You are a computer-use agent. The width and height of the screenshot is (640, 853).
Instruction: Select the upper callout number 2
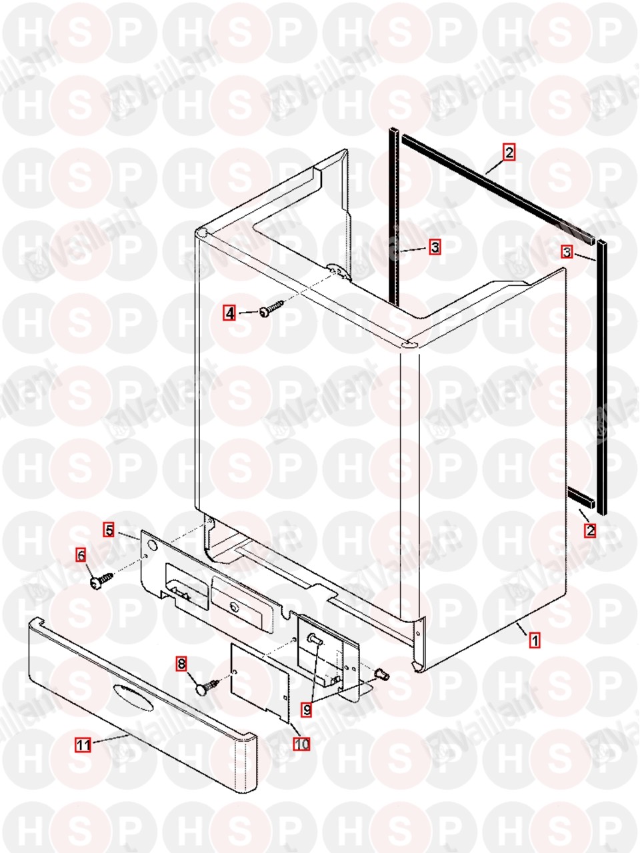509,152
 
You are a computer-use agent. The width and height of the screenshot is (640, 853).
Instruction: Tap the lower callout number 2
590,530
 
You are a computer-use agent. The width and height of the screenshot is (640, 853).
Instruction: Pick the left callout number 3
435,247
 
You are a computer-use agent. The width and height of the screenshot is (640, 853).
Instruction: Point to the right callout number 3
567,253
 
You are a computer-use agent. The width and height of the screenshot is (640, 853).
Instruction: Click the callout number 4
231,313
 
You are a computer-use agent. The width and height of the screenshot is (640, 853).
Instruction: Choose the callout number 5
109,530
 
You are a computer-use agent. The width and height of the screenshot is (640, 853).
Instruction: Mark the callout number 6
81,555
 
